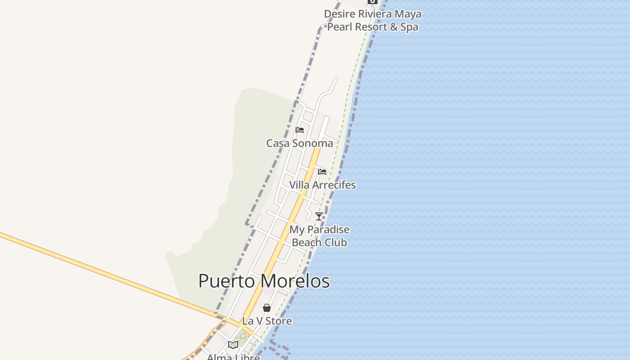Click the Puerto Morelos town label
click(264, 281)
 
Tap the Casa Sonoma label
click(300, 144)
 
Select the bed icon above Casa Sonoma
click(300, 130)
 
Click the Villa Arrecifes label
click(322, 185)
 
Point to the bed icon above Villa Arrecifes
click(322, 172)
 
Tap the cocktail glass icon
click(319, 216)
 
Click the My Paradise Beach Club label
click(319, 236)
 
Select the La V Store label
click(267, 321)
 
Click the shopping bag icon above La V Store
click(267, 308)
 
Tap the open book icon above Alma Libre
click(233, 345)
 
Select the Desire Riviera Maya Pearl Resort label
click(373, 20)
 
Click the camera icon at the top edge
click(373, 2)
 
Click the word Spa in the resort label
click(409, 27)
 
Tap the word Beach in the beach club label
click(305, 243)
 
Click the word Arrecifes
click(333, 185)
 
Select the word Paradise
click(328, 230)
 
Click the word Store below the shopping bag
click(279, 321)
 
